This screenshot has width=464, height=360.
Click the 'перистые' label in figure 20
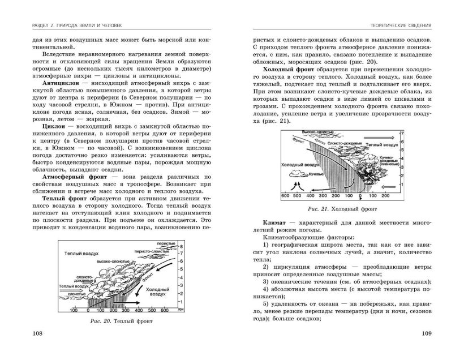[x=165, y=243]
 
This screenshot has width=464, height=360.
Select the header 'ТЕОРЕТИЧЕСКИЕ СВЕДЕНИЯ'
[x=397, y=25]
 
